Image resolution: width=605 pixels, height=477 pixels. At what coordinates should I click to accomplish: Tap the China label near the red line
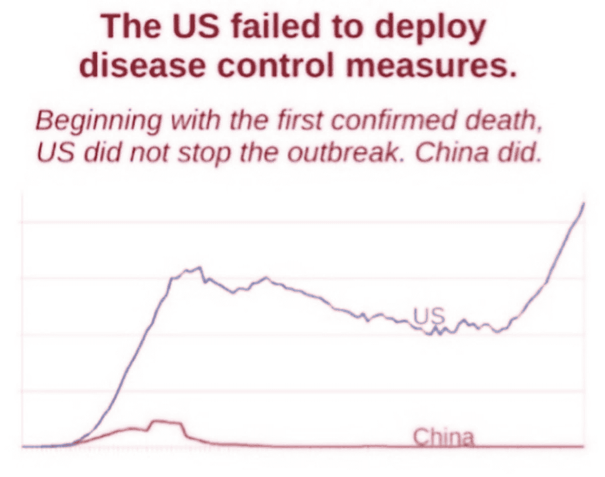point(444,437)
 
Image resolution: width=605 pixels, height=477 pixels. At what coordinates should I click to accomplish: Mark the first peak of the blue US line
point(199,267)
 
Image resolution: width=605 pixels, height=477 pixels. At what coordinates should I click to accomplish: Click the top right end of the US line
point(584,204)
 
